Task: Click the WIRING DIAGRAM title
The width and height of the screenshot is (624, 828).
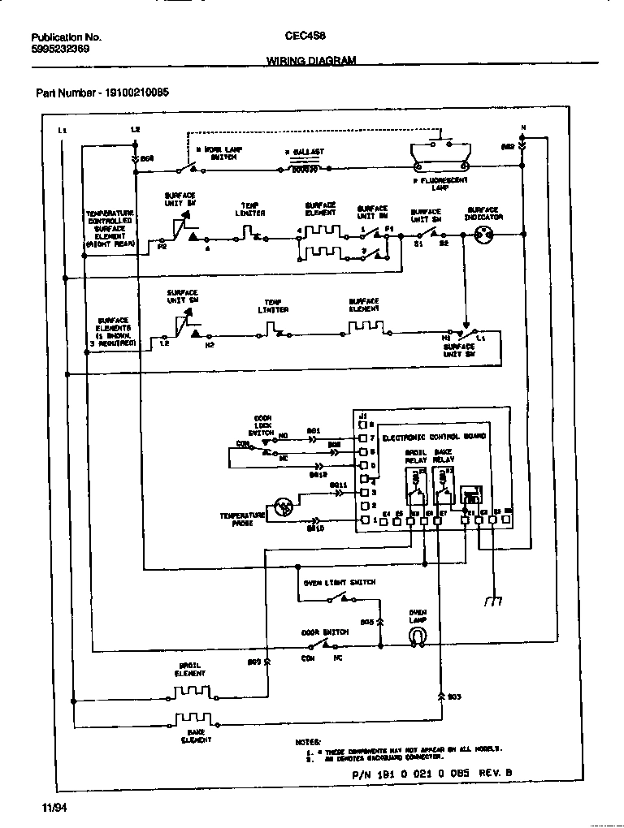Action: [311, 61]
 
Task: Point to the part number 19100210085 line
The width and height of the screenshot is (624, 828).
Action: [102, 93]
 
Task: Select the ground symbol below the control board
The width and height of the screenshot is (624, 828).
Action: [492, 601]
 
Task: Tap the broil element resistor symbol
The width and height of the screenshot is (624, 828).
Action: [188, 695]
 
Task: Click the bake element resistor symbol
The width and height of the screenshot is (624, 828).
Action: [194, 719]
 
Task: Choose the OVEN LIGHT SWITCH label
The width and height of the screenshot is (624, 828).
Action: [340, 583]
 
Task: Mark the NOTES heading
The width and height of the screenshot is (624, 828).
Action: [308, 742]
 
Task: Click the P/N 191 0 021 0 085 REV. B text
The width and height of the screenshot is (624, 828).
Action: [432, 774]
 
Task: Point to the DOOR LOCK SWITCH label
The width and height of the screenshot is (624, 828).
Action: [262, 426]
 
